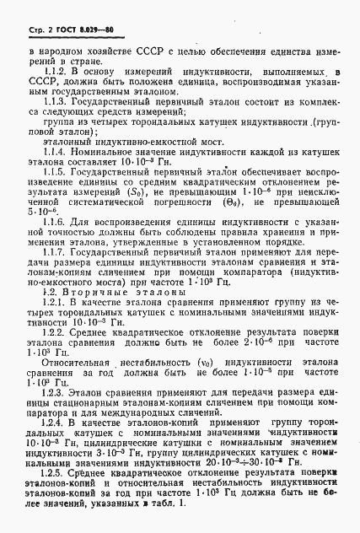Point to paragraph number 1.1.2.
click(56, 73)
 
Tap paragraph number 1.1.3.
click(56, 99)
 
